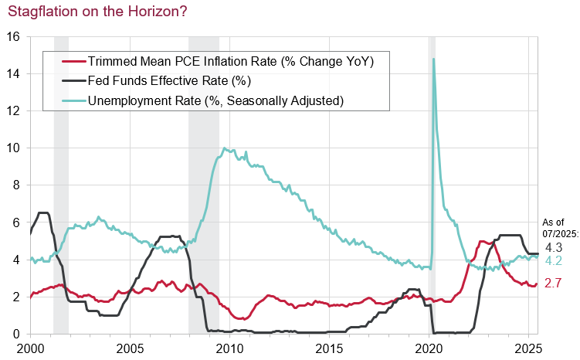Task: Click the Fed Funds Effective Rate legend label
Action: click(181, 81)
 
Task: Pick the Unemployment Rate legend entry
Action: click(215, 100)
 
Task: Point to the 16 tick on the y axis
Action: click(14, 36)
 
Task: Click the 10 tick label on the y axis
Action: click(14, 148)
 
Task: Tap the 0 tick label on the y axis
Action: click(18, 334)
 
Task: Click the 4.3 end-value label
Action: click(553, 248)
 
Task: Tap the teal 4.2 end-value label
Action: click(553, 261)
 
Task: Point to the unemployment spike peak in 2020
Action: click(433, 59)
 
